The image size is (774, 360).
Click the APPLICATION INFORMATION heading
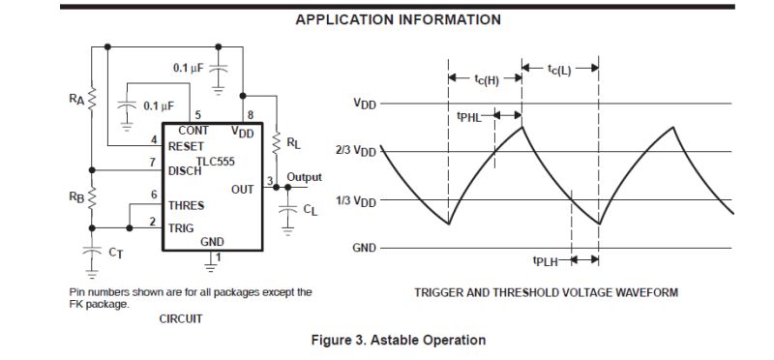click(398, 19)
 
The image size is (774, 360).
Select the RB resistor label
click(77, 195)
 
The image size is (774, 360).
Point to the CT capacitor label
click(114, 254)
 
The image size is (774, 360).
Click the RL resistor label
click(293, 143)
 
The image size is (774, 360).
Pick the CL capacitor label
click(309, 209)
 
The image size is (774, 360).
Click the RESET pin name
click(187, 146)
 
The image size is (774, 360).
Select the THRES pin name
click(187, 205)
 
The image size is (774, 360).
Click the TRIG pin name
click(182, 227)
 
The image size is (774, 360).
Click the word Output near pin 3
click(304, 178)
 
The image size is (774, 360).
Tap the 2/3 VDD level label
click(355, 151)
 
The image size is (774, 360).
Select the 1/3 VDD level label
click(355, 200)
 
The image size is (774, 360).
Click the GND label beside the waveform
click(364, 248)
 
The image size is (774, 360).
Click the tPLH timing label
click(548, 260)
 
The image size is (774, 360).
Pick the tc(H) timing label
click(486, 79)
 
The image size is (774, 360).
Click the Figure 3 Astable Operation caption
click(398, 340)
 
